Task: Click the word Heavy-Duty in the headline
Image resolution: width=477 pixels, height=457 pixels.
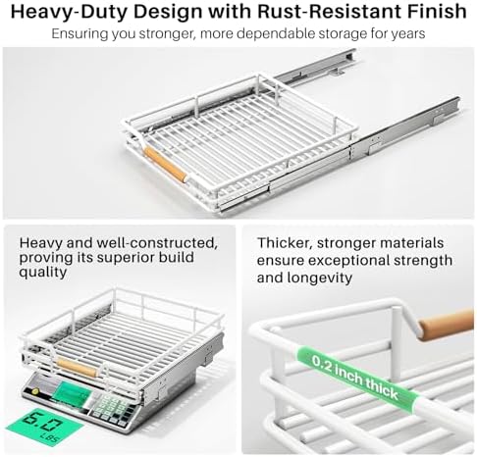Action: [x=69, y=12]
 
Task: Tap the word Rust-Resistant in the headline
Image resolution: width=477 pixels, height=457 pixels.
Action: [x=329, y=12]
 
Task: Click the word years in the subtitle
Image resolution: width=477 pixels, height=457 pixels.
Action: [x=408, y=34]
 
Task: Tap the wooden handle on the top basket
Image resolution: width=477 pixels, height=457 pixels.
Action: [x=166, y=165]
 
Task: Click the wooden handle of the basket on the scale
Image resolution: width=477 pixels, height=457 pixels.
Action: [x=77, y=368]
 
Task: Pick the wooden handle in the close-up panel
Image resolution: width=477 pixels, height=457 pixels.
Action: [x=447, y=325]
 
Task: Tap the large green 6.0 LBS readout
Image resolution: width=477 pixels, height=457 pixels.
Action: [x=45, y=426]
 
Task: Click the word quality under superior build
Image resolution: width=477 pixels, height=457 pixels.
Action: [x=43, y=273]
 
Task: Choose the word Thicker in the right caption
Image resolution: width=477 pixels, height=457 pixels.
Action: [x=285, y=243]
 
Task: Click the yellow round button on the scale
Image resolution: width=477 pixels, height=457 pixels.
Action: [x=34, y=391]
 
